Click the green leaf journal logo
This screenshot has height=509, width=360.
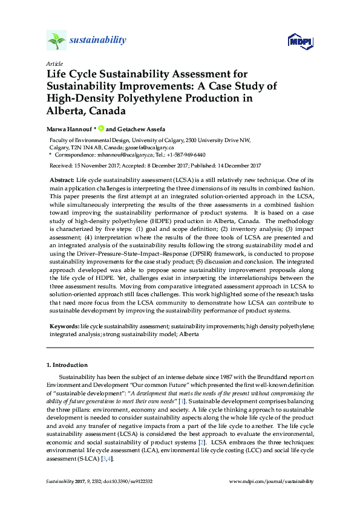point(56,41)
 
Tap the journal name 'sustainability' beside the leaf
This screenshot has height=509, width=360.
point(98,40)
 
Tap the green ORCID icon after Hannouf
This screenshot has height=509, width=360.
point(101,128)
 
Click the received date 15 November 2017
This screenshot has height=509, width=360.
point(94,165)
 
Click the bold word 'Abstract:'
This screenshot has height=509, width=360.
point(62,181)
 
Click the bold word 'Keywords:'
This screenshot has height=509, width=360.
point(64,326)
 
